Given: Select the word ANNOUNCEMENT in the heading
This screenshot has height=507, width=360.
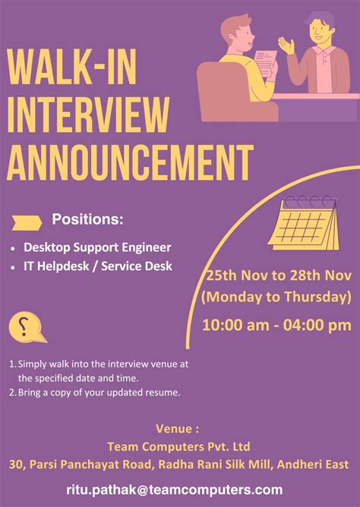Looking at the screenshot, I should pos(129,160).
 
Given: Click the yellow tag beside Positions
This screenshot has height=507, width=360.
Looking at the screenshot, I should pos(27,221).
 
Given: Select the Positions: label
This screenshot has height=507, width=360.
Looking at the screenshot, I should pos(87,220).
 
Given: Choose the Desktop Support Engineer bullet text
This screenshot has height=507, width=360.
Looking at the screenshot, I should pos(97,247).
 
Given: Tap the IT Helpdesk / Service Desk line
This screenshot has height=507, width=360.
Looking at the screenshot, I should pos(98,266).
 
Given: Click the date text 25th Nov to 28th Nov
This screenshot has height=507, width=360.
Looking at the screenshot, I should pos(278,276).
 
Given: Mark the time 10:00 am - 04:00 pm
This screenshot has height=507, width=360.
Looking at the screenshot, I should pos(276,325).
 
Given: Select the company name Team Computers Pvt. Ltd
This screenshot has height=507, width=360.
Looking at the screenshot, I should pos(180,446).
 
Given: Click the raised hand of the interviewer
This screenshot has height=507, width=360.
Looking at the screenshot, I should pos(285,45).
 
